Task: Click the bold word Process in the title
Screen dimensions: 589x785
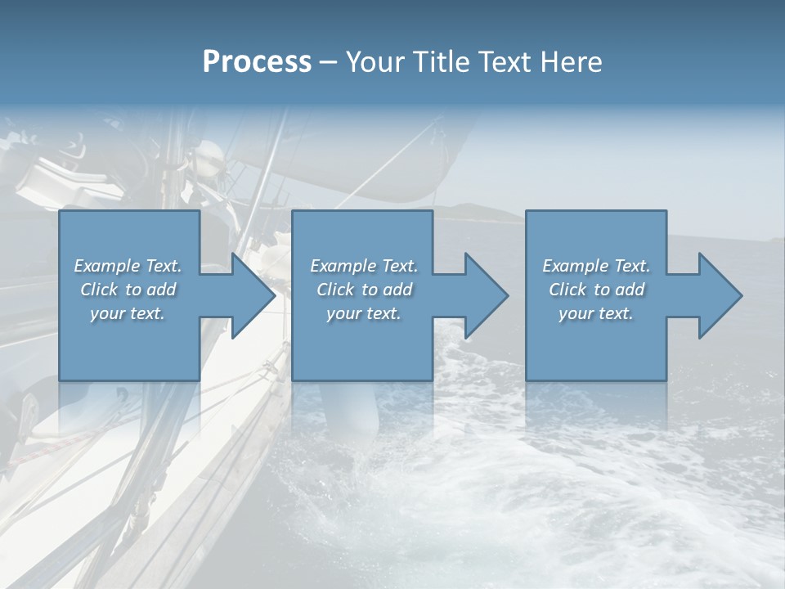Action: (x=257, y=62)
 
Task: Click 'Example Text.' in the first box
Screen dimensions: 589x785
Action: (x=128, y=266)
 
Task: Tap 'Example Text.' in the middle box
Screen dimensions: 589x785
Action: (x=364, y=266)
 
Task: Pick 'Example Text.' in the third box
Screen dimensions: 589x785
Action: (x=596, y=266)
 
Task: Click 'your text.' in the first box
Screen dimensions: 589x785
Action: (x=128, y=313)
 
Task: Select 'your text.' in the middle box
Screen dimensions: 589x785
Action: (x=364, y=313)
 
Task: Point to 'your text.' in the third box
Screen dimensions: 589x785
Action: (x=596, y=313)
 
